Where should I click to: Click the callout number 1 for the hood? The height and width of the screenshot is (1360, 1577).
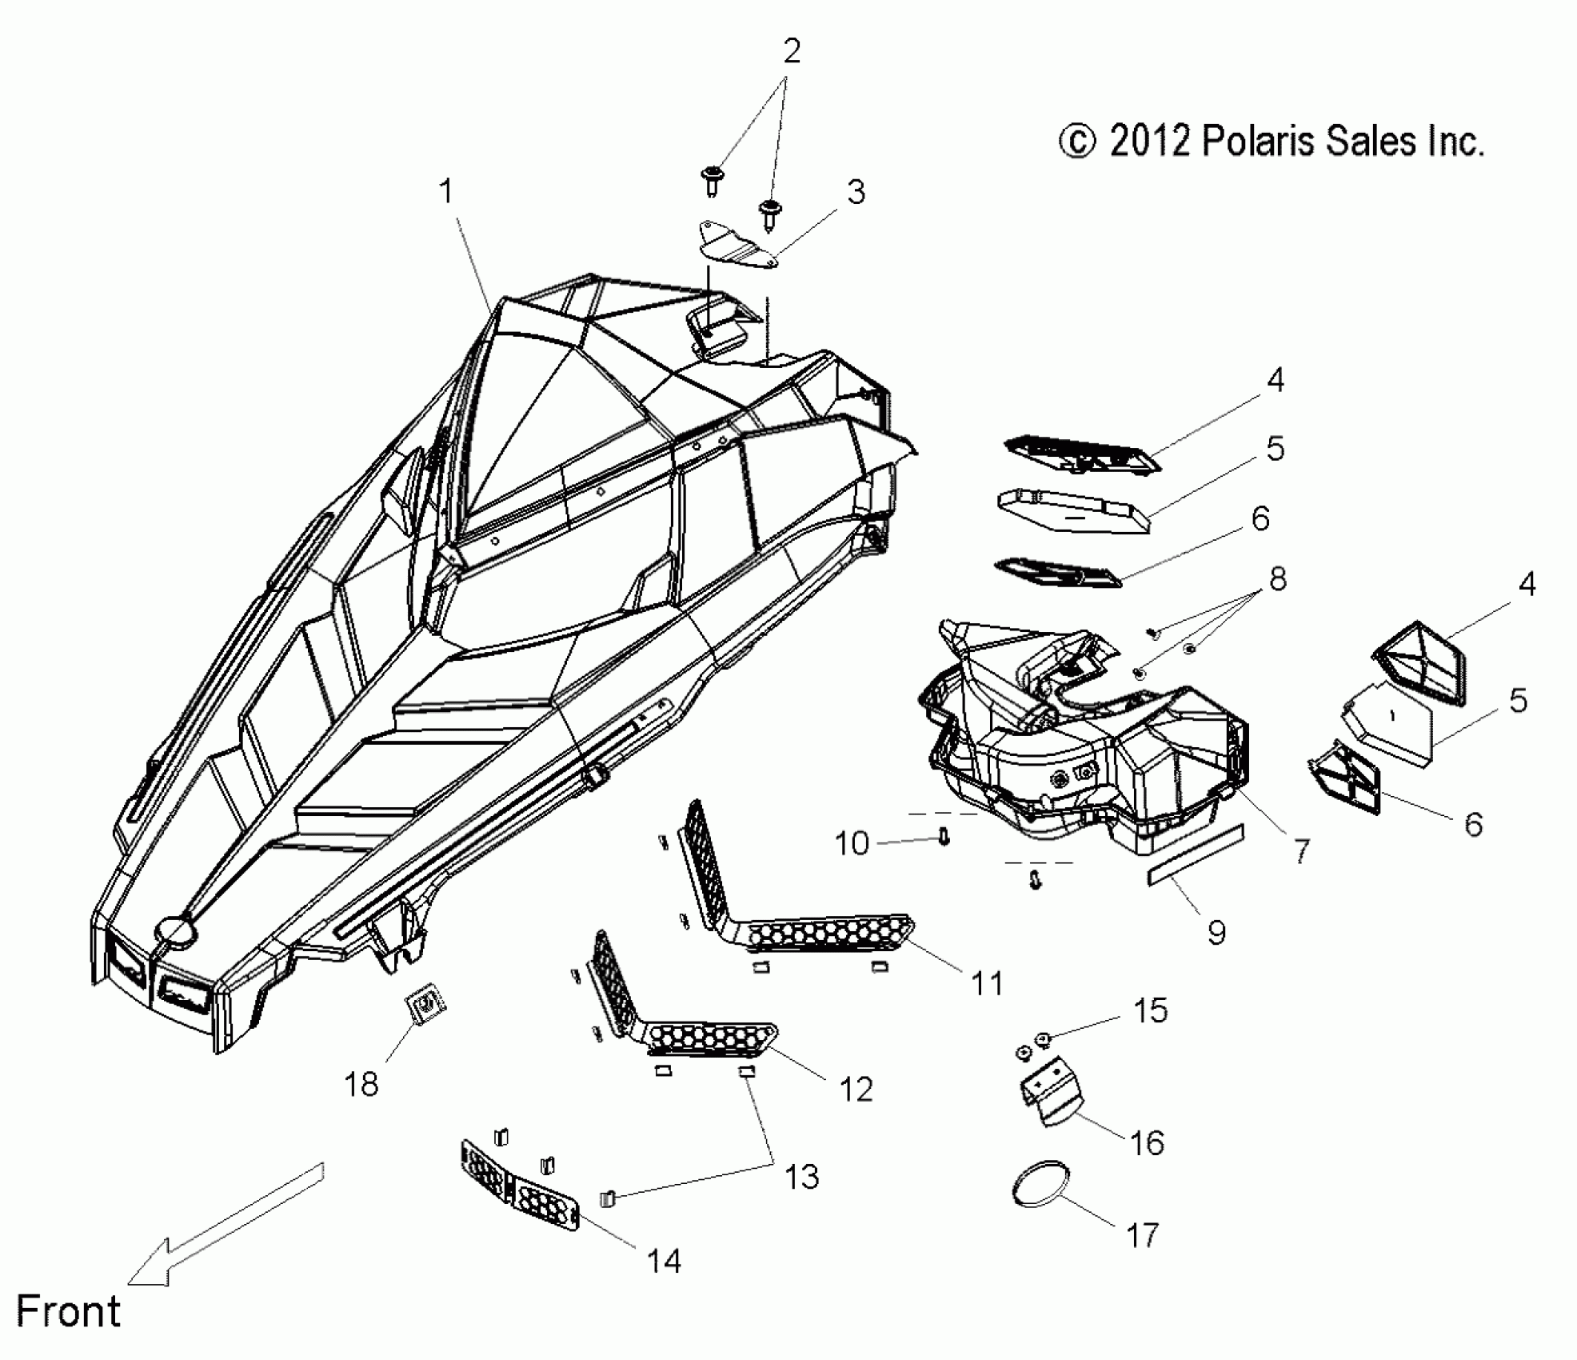coord(446,192)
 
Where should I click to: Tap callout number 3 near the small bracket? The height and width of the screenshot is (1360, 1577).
coord(856,192)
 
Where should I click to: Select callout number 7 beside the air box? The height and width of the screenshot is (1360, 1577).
coord(1301,851)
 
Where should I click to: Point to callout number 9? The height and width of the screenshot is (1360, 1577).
coord(1216,932)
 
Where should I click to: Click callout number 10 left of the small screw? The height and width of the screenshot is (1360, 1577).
coord(851,843)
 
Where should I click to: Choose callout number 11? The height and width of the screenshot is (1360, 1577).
coord(986,983)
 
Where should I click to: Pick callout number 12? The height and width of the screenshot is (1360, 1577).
coord(856,1089)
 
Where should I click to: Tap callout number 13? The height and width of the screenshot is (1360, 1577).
coord(802,1177)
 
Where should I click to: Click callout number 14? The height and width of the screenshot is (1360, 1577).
coord(664,1261)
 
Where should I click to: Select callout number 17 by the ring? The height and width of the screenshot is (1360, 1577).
coord(1142,1235)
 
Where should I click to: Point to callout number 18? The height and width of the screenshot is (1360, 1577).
coord(361,1085)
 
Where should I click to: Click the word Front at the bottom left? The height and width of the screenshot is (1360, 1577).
coord(68,1312)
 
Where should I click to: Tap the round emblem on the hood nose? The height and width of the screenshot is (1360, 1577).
coord(177,931)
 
